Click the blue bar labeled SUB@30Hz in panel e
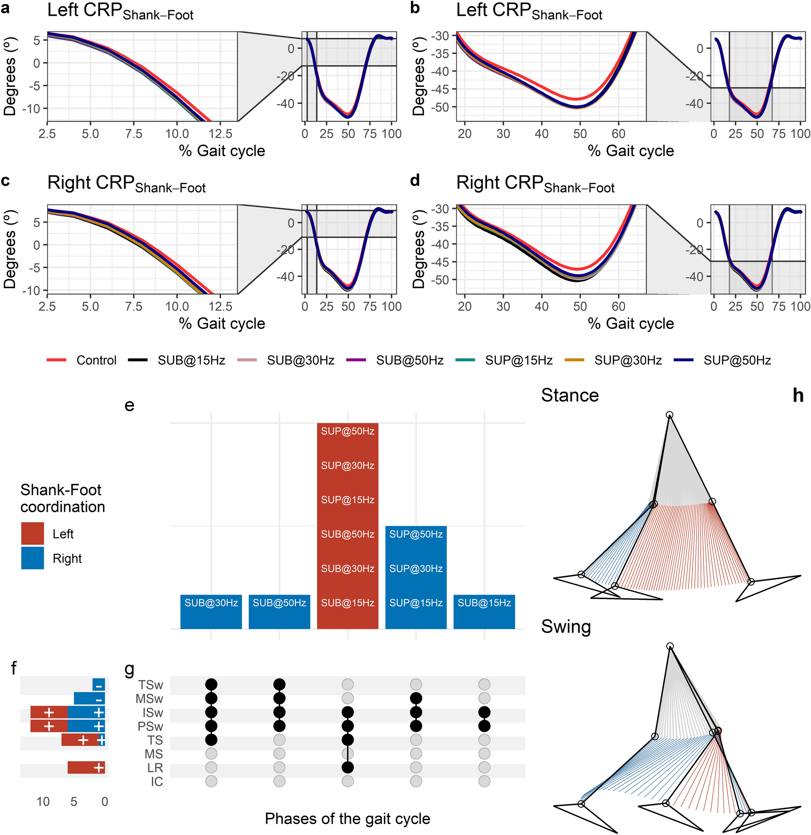211,611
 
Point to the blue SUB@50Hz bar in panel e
279,611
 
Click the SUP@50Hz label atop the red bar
348,431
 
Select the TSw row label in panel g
150,685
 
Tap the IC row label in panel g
156,782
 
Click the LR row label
155,768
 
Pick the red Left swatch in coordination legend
32,533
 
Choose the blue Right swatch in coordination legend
32,558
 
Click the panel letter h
798,396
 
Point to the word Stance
570,395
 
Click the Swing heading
566,627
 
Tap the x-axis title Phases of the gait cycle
348,818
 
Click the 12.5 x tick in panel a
220,134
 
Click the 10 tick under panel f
43,802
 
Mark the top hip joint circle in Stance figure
670,415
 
